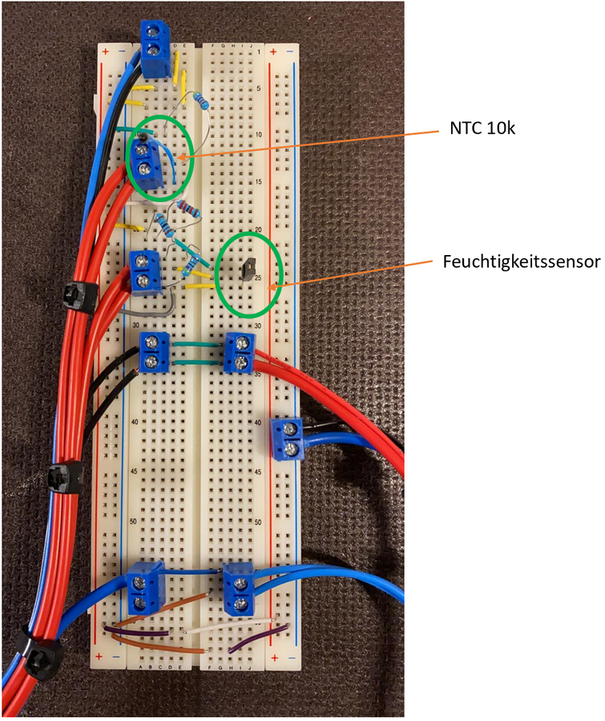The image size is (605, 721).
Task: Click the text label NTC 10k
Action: pyautogui.click(x=482, y=128)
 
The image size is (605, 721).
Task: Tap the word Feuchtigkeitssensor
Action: pyautogui.click(x=522, y=261)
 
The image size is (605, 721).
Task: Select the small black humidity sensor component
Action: pyautogui.click(x=248, y=269)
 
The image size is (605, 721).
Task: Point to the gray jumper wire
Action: pyautogui.click(x=148, y=306)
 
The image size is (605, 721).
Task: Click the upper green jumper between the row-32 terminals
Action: pyautogui.click(x=198, y=344)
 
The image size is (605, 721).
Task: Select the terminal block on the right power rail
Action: pyautogui.click(x=288, y=439)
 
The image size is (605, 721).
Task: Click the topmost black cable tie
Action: pyautogui.click(x=80, y=297)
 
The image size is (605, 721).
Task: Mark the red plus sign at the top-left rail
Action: pyautogui.click(x=105, y=51)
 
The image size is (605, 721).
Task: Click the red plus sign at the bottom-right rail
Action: pyautogui.click(x=274, y=658)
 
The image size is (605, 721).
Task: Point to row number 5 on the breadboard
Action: pyautogui.click(x=259, y=88)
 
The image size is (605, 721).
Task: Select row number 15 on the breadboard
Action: pyautogui.click(x=258, y=182)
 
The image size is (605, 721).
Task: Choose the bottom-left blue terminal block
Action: pyautogui.click(x=145, y=589)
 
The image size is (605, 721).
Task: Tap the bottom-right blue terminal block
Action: pyautogui.click(x=239, y=590)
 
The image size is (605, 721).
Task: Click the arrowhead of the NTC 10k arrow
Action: pyautogui.click(x=180, y=158)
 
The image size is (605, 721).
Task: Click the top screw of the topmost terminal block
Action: pyautogui.click(x=153, y=32)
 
